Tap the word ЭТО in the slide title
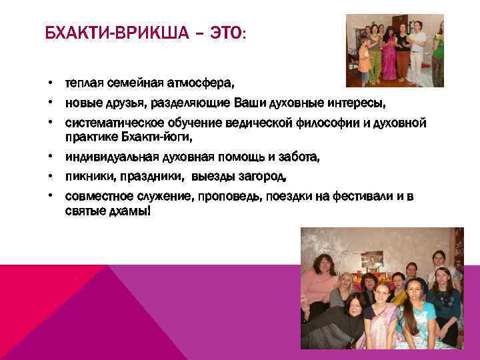tap(226, 33)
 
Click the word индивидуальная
tap(104, 158)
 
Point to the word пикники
tap(87, 177)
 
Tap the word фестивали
tap(350, 197)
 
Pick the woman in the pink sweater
tap(321, 280)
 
